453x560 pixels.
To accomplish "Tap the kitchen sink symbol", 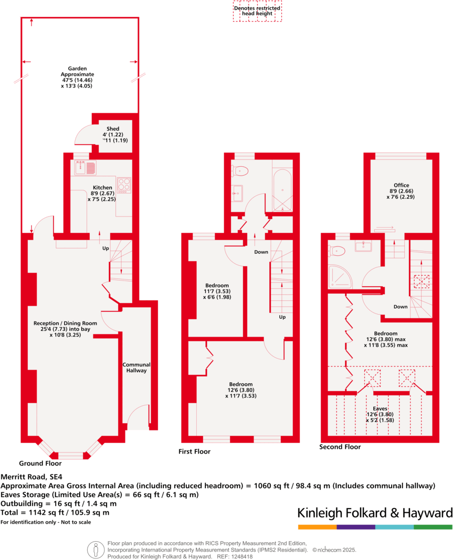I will [86, 168].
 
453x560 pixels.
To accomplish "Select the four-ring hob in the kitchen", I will [124, 184].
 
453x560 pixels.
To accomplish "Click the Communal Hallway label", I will [136, 367].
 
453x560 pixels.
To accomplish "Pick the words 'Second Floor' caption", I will [340, 447].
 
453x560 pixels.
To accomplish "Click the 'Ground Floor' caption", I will [40, 464].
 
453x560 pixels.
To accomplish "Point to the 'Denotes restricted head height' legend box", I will [257, 11].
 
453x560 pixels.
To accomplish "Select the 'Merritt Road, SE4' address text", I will [31, 477].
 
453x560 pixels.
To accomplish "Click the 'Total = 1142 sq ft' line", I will [55, 512].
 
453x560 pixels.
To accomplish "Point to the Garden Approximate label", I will [77, 77].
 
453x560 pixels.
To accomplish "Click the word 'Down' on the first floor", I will [261, 252].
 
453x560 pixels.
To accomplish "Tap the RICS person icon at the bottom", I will [96, 550].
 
